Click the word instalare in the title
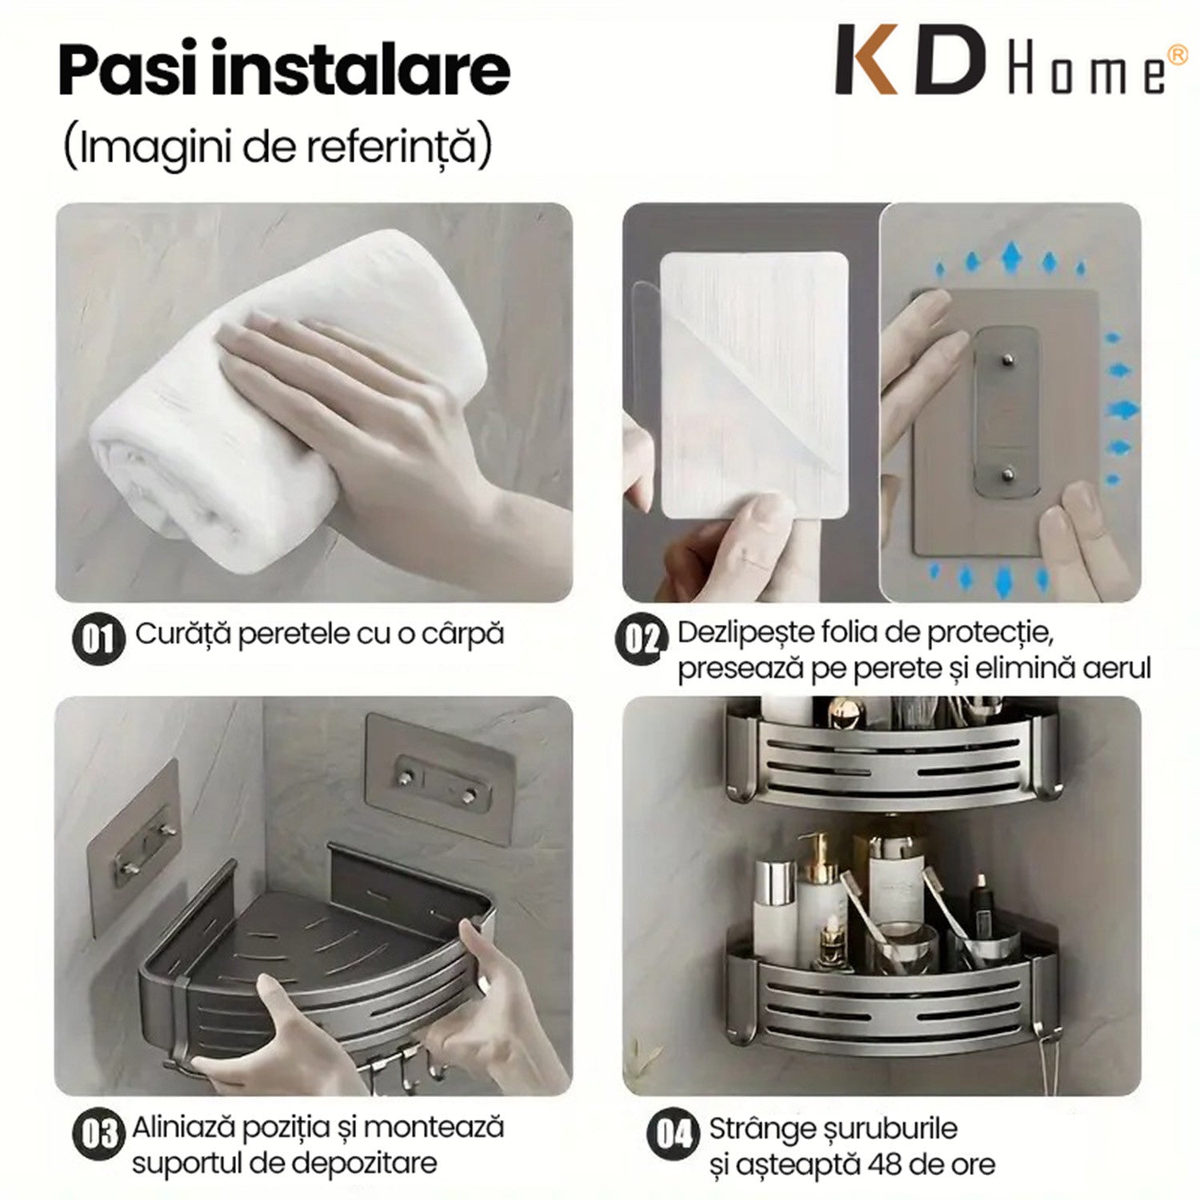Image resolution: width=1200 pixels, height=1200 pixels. [365, 70]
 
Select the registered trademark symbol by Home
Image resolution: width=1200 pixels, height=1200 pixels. [1178, 54]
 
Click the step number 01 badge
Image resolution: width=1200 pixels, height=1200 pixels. [98, 638]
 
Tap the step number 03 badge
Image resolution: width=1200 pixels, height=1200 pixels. [99, 1134]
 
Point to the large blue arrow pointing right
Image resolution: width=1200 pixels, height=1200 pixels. [1122, 410]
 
